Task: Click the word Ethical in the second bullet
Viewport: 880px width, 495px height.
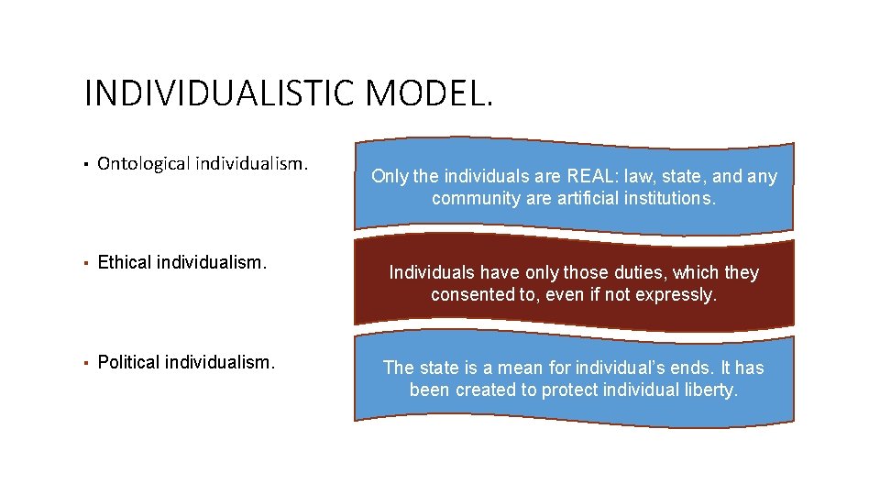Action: click(x=125, y=263)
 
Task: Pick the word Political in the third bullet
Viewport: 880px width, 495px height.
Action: click(x=128, y=362)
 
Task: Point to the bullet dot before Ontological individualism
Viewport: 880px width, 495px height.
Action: click(x=85, y=166)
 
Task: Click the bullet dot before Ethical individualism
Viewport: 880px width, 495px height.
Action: click(x=85, y=264)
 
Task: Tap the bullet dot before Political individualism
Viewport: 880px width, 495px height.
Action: click(x=85, y=363)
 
